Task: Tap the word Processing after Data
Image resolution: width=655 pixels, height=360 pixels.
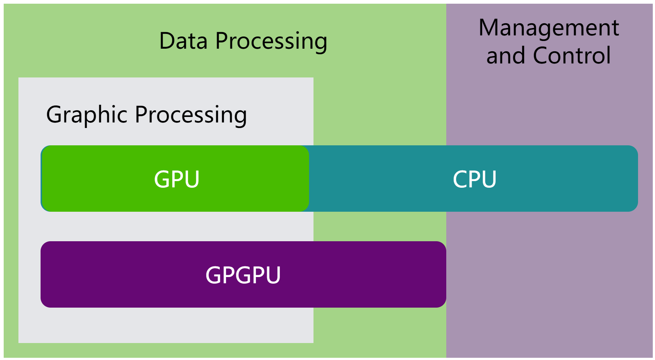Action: (271, 41)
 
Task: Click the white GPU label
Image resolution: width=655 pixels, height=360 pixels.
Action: (177, 180)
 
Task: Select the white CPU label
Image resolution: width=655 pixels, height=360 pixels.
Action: (474, 180)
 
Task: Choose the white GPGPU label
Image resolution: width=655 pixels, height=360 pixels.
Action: (243, 275)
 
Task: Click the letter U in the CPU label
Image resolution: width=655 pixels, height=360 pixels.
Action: (488, 180)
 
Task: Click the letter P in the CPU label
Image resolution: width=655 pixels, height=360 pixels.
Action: (474, 180)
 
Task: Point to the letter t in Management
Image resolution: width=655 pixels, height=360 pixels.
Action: (615, 28)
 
